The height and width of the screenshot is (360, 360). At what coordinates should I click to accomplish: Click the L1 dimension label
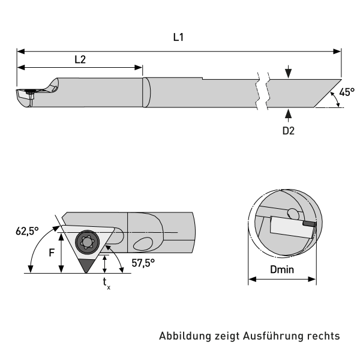coord(178,37)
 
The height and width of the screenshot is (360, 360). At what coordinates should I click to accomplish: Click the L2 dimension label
coord(80,59)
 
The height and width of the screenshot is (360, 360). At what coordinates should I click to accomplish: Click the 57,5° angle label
coord(143,262)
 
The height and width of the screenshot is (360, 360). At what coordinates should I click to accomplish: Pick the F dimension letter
coord(51,252)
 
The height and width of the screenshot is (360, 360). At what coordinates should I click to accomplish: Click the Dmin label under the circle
coord(282,270)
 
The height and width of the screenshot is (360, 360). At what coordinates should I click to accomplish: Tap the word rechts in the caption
coord(325,336)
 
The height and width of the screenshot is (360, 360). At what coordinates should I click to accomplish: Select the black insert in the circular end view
coord(308,224)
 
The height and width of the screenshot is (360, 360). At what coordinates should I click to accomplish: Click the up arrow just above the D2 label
coord(289,112)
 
